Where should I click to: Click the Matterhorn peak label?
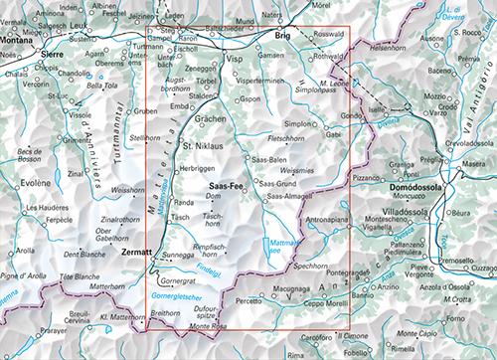[93, 286]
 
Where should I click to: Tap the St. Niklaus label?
[205, 148]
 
